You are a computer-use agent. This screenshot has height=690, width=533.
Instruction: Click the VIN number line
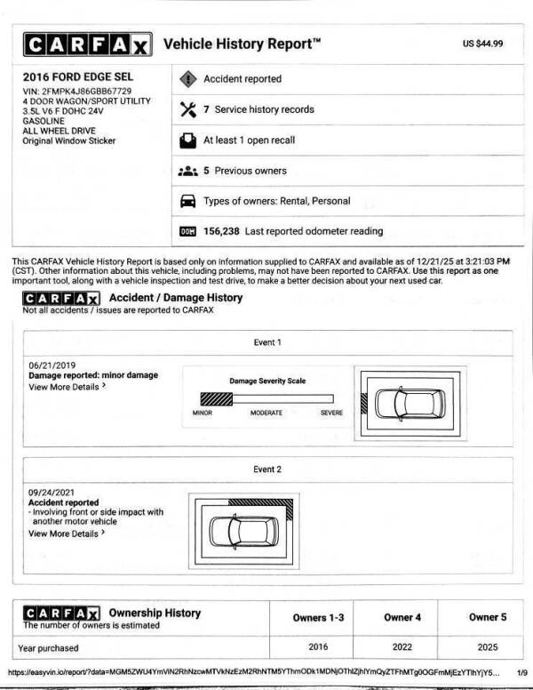pyautogui.click(x=77, y=91)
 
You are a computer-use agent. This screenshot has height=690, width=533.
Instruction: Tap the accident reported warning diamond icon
pyautogui.click(x=187, y=79)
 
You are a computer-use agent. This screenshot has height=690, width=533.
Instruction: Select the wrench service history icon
pyautogui.click(x=187, y=109)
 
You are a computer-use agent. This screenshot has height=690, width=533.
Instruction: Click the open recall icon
pyautogui.click(x=187, y=140)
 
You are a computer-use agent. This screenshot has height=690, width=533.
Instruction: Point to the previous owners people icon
pyautogui.click(x=187, y=171)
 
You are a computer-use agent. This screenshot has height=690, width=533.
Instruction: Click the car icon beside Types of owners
pyautogui.click(x=187, y=201)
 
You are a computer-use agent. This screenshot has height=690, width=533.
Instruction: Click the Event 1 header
pyautogui.click(x=266, y=341)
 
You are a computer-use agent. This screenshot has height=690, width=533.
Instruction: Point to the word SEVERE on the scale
pyautogui.click(x=330, y=413)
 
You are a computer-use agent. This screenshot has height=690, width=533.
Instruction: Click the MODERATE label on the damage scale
pyautogui.click(x=266, y=413)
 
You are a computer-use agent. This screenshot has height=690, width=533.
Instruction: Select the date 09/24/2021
pyautogui.click(x=50, y=493)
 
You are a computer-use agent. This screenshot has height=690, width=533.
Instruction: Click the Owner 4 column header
pyautogui.click(x=398, y=617)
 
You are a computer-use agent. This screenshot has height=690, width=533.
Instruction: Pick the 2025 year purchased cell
pyautogui.click(x=484, y=647)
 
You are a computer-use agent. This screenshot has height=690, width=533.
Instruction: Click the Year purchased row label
pyautogui.click(x=48, y=648)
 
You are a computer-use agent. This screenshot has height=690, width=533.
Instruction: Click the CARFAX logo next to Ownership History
pyautogui.click(x=61, y=614)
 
